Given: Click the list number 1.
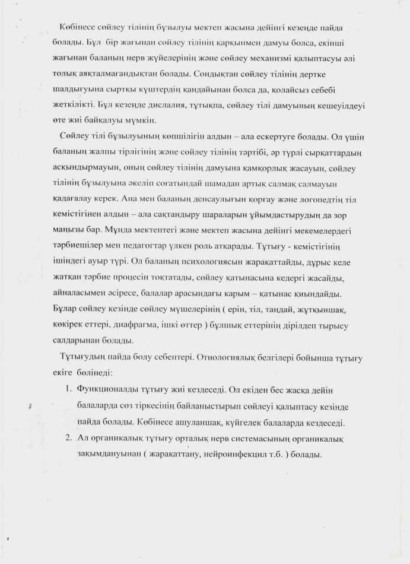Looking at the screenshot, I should pos(66,392).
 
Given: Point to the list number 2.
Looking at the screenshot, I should pos(66,439).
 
